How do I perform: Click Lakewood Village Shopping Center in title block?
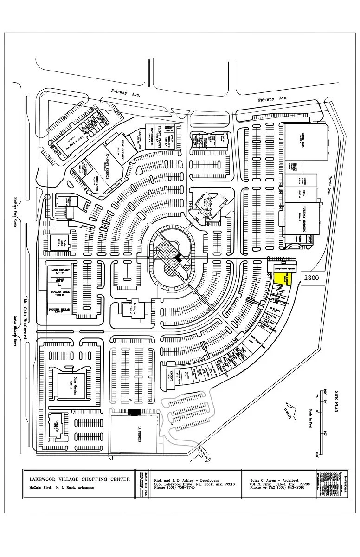coord(79,479)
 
